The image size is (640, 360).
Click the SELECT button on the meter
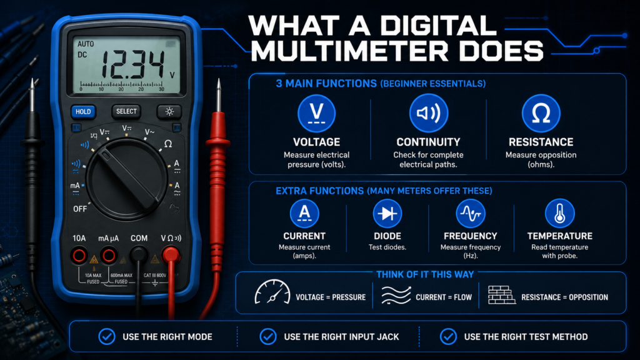click(126, 111)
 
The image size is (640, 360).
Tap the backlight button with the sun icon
click(169, 111)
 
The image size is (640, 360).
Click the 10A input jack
click(79, 256)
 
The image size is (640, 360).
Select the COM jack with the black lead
click(139, 255)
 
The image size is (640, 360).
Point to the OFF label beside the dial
click(80, 209)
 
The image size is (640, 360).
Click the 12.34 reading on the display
click(132, 64)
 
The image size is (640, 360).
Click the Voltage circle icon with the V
click(316, 113)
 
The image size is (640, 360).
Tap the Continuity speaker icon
click(429, 113)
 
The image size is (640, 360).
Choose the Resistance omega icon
click(541, 113)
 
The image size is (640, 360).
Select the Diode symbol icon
click(387, 214)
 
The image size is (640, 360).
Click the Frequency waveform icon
click(470, 214)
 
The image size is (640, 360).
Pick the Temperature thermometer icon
click(559, 214)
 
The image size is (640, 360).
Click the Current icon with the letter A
click(304, 214)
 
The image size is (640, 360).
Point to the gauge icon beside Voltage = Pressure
click(272, 292)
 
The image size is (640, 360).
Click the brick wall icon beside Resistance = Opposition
click(501, 295)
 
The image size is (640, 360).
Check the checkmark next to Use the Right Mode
click(107, 337)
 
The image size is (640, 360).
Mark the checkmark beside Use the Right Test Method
click(448, 337)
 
